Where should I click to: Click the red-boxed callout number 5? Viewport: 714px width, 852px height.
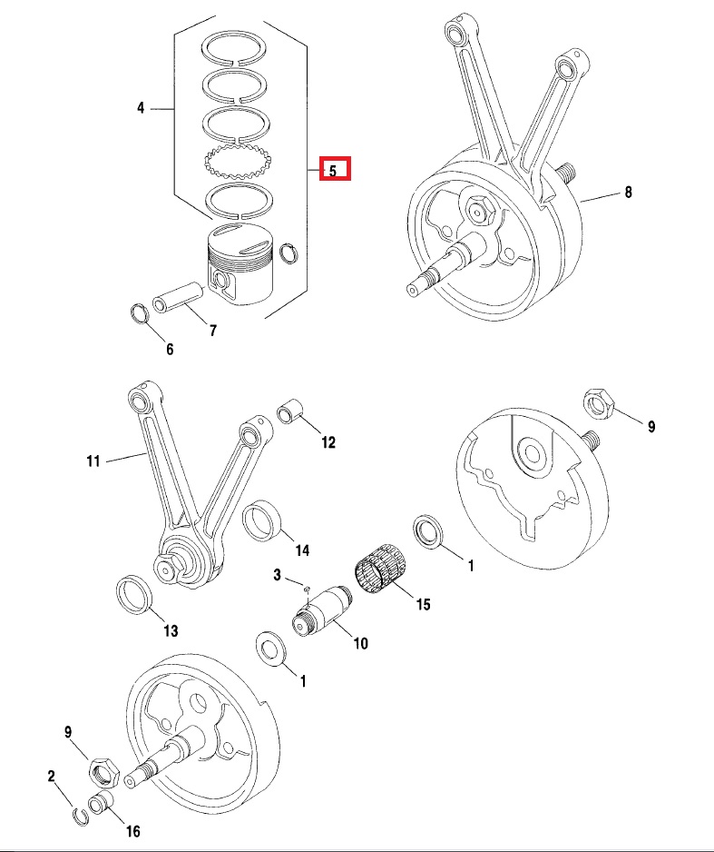click(x=333, y=171)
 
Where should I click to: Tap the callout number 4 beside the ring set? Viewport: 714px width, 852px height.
click(x=141, y=108)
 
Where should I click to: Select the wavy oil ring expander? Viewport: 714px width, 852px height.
click(x=237, y=162)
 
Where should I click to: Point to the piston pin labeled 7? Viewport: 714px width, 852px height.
click(x=178, y=296)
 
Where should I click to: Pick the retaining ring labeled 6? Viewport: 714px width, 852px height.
click(x=141, y=313)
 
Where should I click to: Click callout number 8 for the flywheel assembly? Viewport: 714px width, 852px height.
click(x=629, y=192)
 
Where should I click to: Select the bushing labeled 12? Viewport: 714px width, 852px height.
click(x=289, y=411)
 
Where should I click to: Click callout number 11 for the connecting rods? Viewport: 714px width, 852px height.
click(x=93, y=461)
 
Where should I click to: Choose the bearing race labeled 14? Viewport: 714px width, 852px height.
click(x=261, y=520)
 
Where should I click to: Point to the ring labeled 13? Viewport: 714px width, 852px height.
click(x=135, y=594)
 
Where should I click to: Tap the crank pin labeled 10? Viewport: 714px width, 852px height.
click(x=323, y=610)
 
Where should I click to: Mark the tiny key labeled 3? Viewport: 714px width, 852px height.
click(x=307, y=588)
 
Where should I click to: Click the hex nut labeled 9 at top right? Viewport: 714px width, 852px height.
click(x=599, y=403)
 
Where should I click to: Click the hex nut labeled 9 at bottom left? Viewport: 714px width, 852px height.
click(x=103, y=770)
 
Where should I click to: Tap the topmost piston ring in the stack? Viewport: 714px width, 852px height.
click(x=236, y=48)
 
